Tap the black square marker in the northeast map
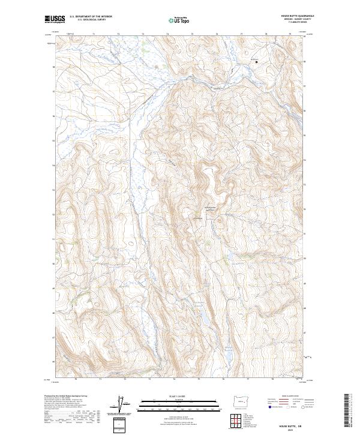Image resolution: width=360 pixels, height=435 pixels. coord(257,61)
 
